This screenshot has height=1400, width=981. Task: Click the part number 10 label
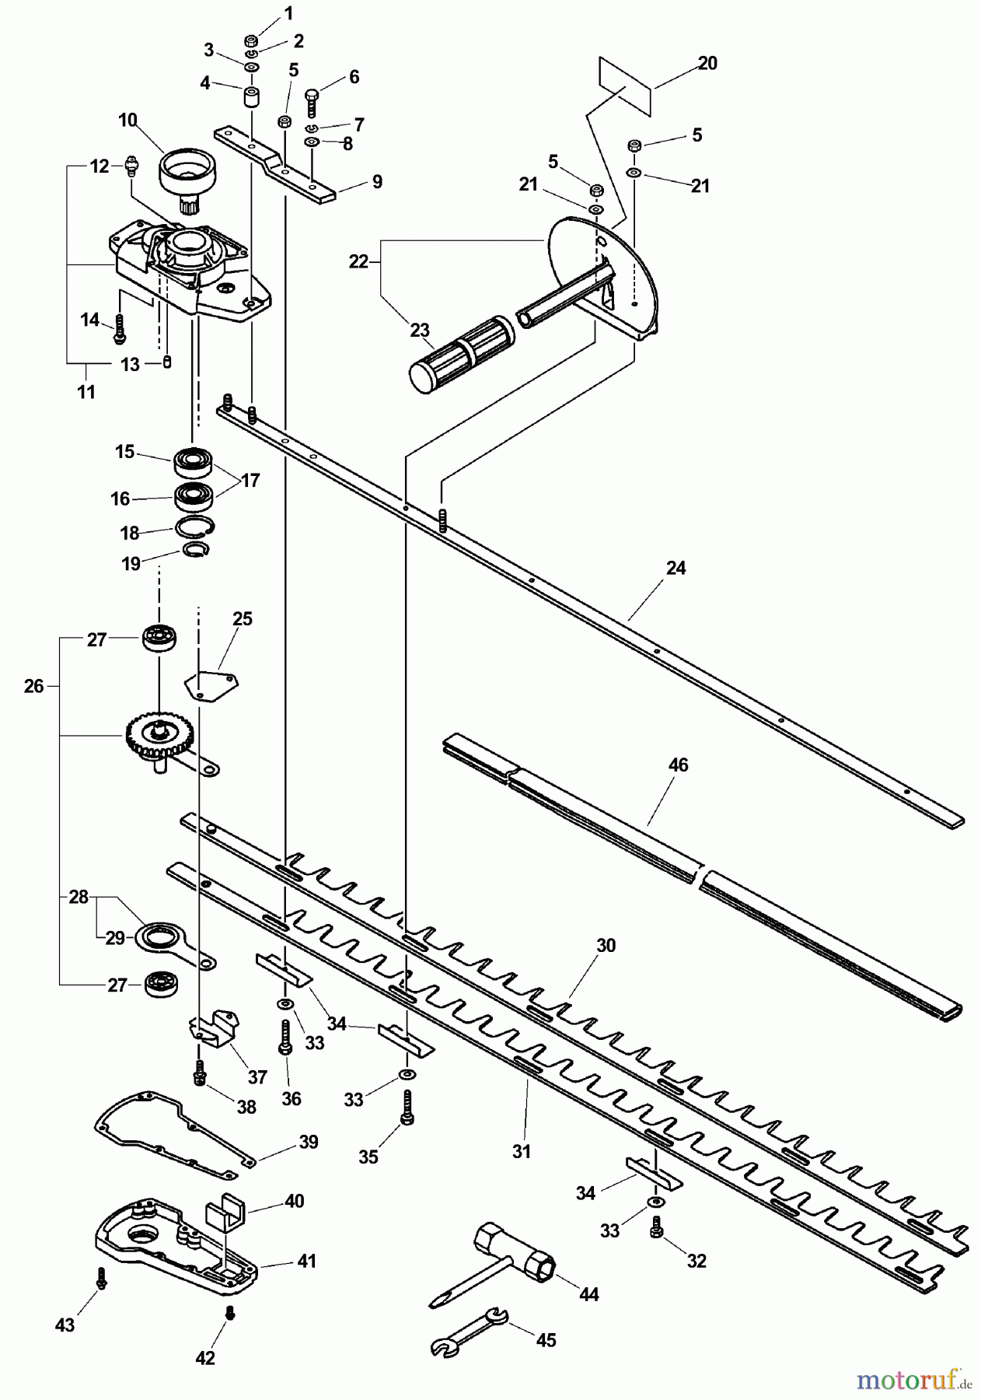(127, 120)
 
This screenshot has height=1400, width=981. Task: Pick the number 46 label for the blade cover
(678, 765)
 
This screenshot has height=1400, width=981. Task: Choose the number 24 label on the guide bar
(676, 569)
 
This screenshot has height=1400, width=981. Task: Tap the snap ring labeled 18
(194, 528)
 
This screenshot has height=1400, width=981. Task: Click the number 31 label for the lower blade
(521, 1151)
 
